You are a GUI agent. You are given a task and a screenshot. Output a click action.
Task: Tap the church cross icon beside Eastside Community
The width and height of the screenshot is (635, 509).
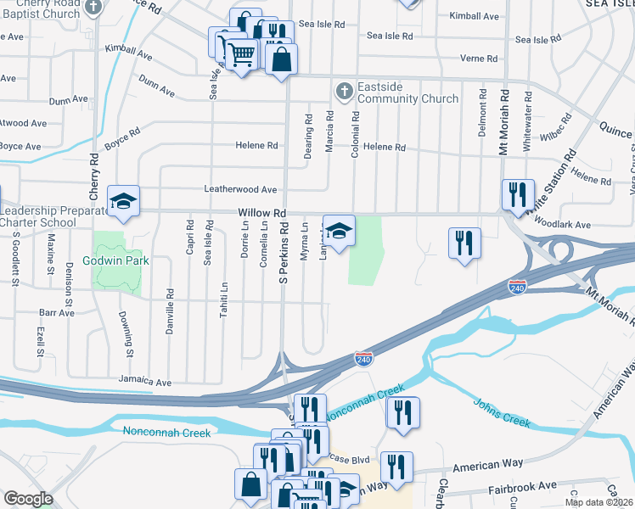coord(344,89)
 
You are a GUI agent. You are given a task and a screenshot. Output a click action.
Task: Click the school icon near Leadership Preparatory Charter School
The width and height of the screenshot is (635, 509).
coord(123,202)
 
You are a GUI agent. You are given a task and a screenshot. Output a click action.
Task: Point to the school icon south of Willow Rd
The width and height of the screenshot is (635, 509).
coord(339,232)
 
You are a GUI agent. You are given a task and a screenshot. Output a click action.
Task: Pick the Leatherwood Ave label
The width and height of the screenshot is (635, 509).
coord(240,189)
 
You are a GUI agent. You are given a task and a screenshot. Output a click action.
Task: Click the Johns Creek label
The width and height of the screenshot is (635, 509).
coord(502,411)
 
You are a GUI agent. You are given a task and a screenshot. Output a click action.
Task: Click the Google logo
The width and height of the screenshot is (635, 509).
coord(27,499)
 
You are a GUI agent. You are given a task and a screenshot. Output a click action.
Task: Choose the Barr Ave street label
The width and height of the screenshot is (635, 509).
coord(57,312)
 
